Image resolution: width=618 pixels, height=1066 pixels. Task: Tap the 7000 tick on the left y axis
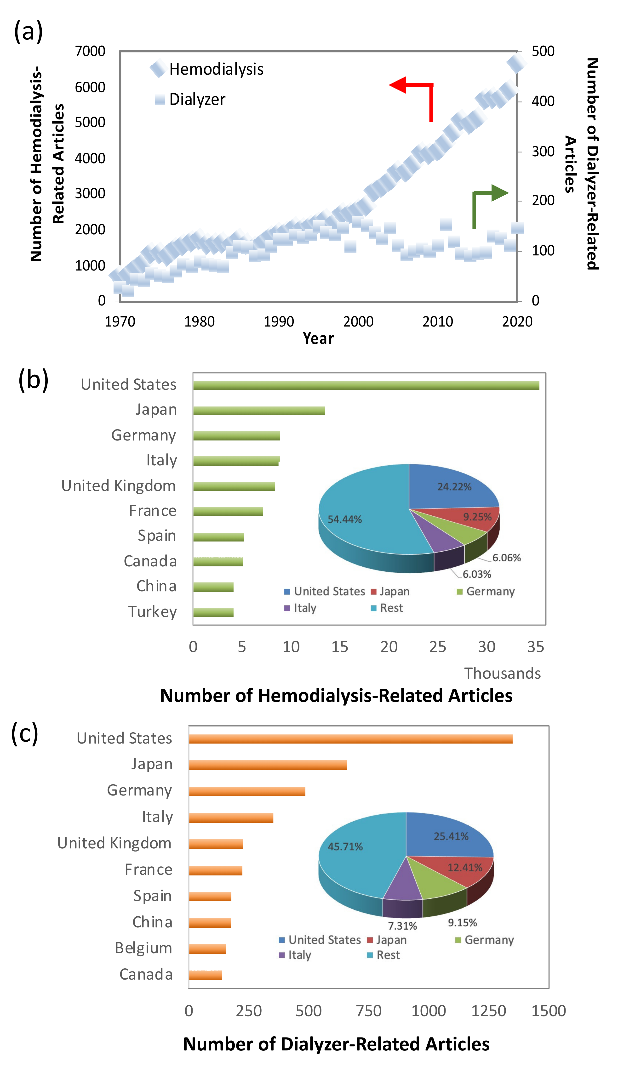point(90,51)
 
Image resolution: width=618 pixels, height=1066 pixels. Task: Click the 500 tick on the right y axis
point(543,51)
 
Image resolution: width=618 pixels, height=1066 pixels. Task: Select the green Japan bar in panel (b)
point(259,411)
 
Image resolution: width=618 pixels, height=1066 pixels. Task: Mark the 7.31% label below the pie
point(402,926)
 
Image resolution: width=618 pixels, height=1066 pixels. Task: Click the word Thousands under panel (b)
point(503,673)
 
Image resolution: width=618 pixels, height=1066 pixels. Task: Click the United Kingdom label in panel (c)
point(114,843)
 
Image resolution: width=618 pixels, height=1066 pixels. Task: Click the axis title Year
point(318,338)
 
